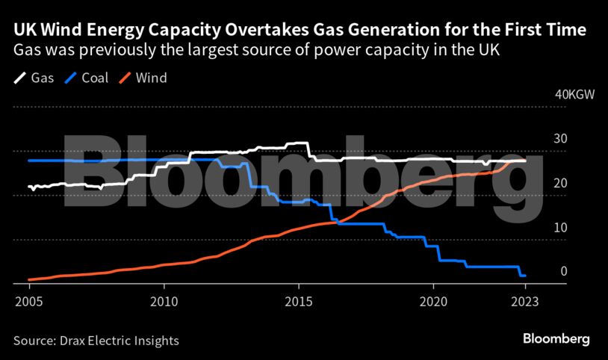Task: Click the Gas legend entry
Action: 34,78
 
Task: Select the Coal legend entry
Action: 93,78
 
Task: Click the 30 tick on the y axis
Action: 559,139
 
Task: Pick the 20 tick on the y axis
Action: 559,183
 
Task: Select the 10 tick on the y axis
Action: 559,227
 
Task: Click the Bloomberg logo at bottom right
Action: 555,339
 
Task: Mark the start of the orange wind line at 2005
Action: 28,279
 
